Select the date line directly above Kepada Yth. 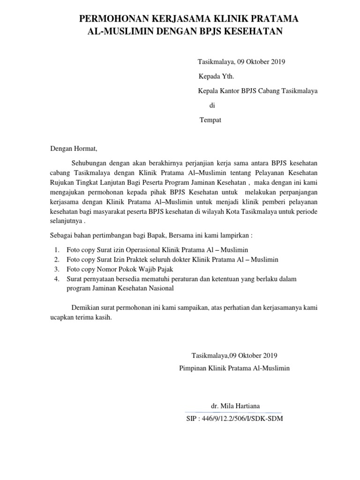pyautogui.click(x=242, y=61)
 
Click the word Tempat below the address pyautogui.click(x=210, y=120)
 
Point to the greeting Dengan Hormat pyautogui.click(x=74, y=149)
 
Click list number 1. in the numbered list pyautogui.click(x=56, y=249)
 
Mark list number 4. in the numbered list pyautogui.click(x=56, y=279)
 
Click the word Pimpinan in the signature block pyautogui.click(x=192, y=368)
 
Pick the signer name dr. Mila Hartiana pyautogui.click(x=234, y=405)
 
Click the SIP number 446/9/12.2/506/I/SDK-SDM pyautogui.click(x=244, y=419)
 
